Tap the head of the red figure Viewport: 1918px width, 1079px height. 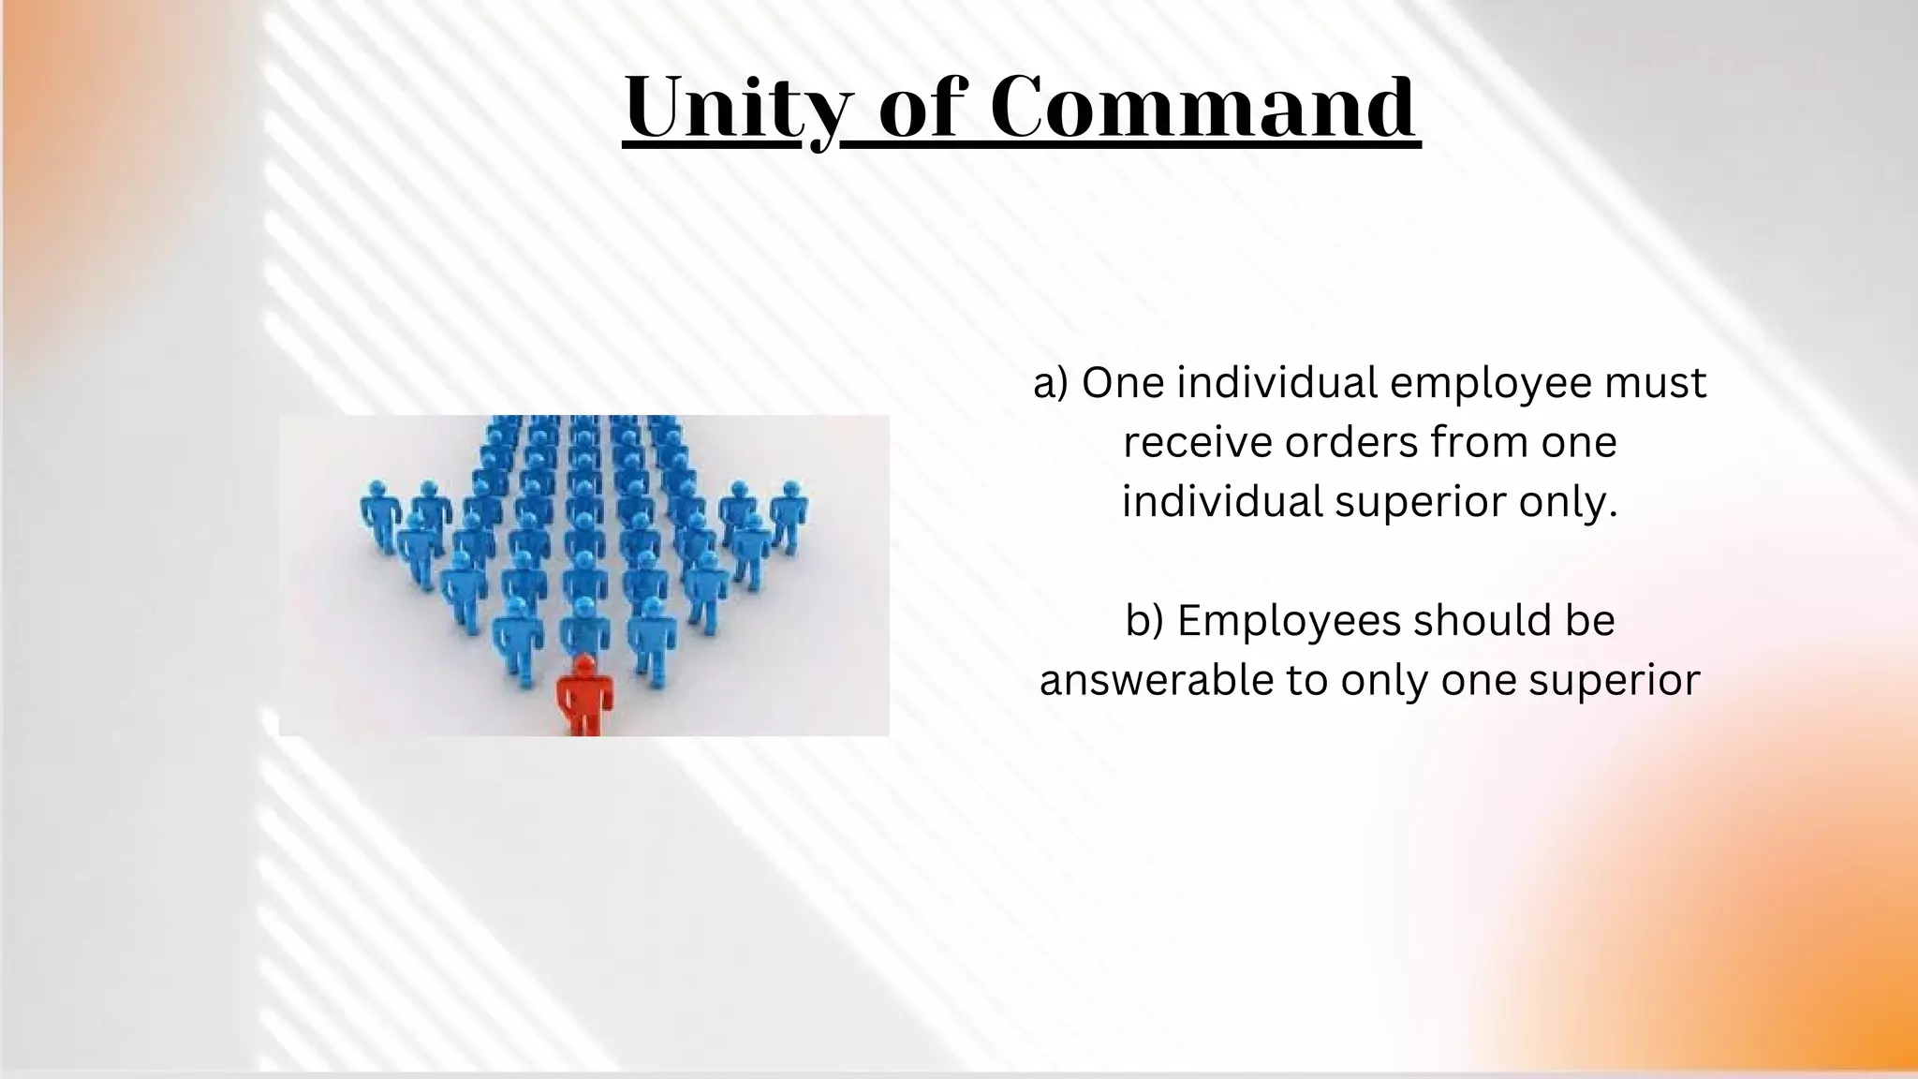[584, 665]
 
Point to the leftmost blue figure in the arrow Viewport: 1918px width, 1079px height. [378, 515]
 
